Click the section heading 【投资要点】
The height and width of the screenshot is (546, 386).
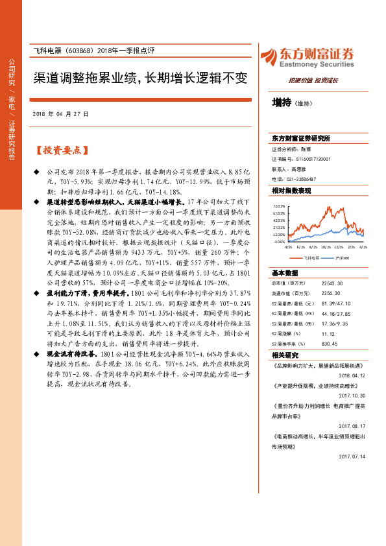point(60,150)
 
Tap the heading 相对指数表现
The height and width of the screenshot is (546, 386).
point(291,191)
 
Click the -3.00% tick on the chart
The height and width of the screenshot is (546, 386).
point(280,242)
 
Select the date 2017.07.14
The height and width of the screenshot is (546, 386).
point(352,457)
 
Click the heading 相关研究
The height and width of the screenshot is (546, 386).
point(285,355)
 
